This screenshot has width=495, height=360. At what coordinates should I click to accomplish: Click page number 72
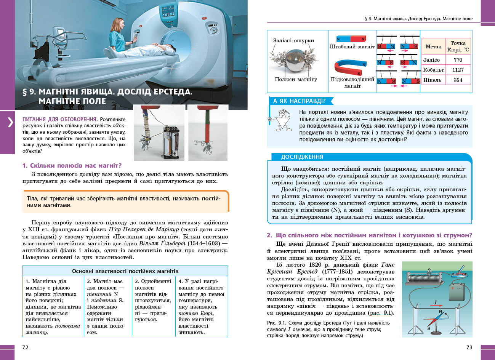coord(26,347)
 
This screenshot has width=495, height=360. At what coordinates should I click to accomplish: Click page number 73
coord(469,347)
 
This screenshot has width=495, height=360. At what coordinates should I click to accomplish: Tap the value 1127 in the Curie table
coord(458,70)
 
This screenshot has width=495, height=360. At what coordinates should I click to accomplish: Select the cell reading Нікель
coord(432,80)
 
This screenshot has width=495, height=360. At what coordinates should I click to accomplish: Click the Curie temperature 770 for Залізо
coord(458,60)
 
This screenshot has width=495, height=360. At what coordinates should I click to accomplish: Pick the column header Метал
coord(433,46)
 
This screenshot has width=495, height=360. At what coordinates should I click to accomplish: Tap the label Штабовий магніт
coord(352,47)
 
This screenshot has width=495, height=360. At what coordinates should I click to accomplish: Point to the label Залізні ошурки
coord(293,40)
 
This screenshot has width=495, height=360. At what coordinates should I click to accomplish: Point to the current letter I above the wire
coord(436,303)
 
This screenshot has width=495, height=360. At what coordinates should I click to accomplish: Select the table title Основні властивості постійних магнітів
coord(125,271)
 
